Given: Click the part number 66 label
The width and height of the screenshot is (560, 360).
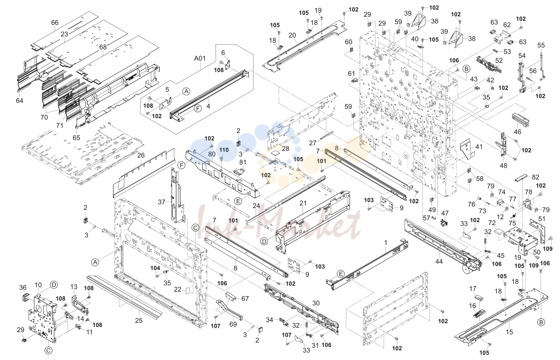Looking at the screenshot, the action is (55, 23).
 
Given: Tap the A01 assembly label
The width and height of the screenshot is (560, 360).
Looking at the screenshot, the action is (200, 58).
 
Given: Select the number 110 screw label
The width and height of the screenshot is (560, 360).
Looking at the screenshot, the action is (224, 150).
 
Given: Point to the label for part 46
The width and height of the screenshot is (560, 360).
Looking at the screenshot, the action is (517, 132).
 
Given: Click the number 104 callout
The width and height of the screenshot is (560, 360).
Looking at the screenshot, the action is (155, 268).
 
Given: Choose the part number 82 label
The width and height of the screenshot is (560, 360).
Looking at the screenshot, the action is (535, 177).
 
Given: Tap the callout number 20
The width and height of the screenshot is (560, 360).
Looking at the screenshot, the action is (292, 36).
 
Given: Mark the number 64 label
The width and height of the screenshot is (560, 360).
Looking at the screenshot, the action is (19, 101).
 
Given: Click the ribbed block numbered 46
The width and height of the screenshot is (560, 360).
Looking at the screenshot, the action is (520, 120).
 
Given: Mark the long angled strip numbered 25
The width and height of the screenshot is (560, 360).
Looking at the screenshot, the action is (124, 297).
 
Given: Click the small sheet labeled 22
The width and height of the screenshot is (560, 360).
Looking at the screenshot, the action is (188, 291).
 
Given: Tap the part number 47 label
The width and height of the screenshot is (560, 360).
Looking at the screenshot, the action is (445, 213).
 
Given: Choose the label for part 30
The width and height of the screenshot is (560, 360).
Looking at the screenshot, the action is (316, 303).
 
